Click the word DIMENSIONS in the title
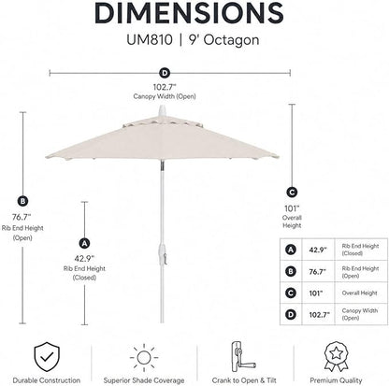189,12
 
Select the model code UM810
150,40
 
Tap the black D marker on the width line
165,74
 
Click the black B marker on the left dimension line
22,201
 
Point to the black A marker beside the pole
84,243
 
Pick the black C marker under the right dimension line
292,193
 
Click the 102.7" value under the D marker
165,87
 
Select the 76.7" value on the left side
22,217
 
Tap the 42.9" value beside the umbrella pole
84,258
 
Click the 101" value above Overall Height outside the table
292,208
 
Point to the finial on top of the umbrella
163,111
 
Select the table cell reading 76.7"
318,272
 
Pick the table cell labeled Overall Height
361,293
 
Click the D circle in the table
291,315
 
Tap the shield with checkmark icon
47,357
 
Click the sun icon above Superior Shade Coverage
144,358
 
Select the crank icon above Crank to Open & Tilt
242,357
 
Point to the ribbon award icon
336,357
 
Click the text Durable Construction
47,380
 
